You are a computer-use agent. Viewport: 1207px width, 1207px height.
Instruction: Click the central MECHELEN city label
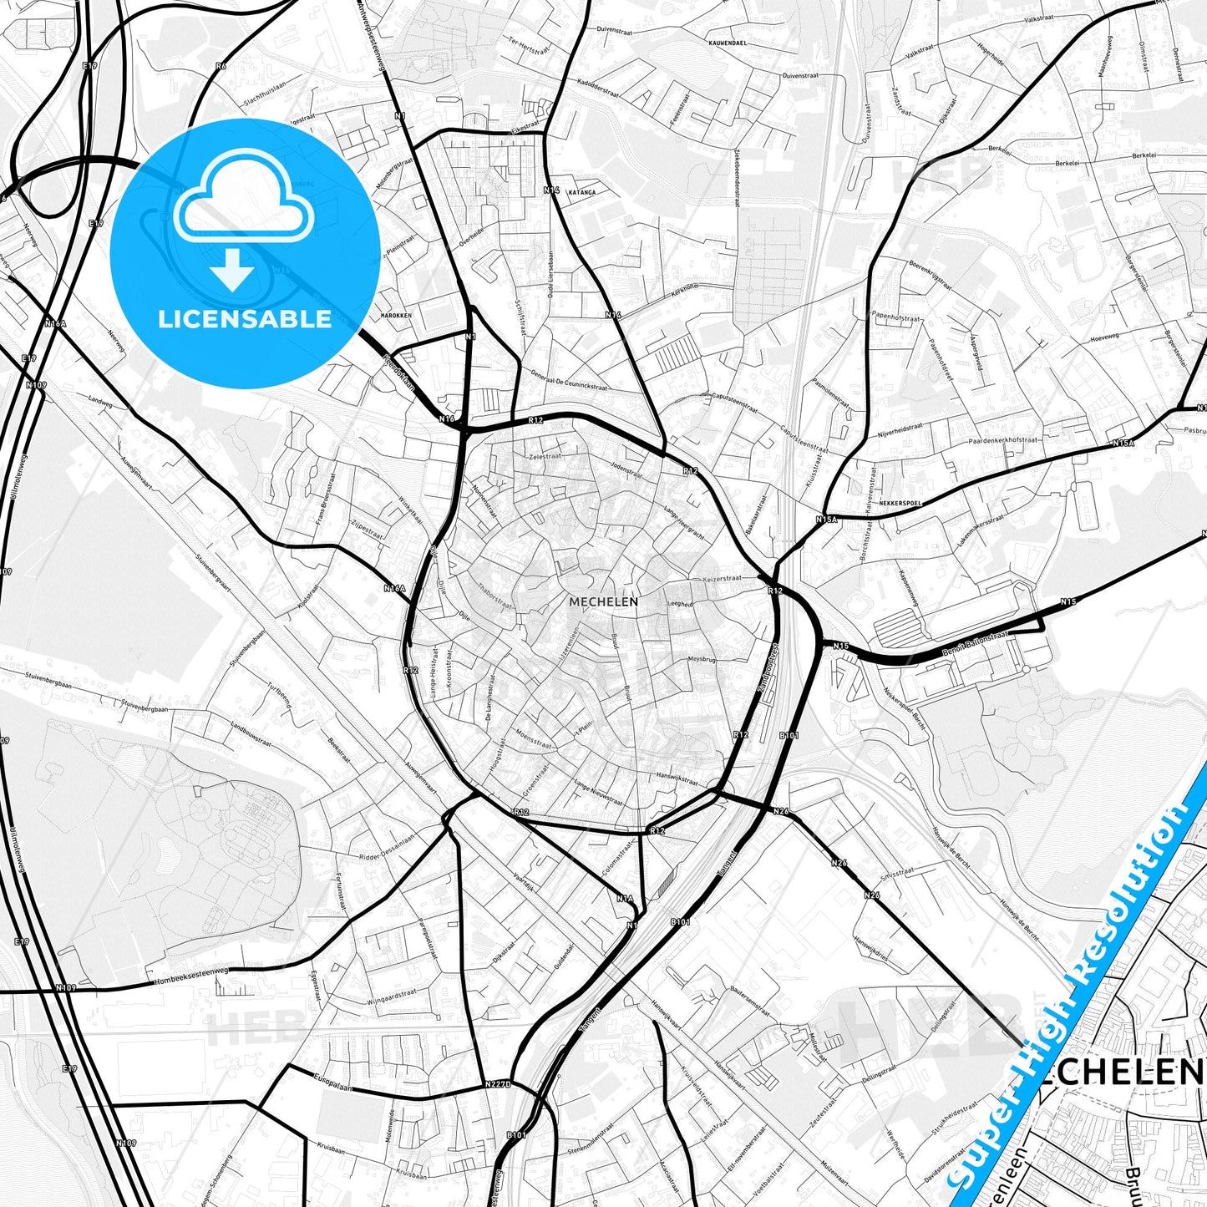click(x=603, y=601)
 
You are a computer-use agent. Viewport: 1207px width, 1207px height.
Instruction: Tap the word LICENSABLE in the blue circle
click(x=245, y=319)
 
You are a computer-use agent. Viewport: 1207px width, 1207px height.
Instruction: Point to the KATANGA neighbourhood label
click(x=581, y=192)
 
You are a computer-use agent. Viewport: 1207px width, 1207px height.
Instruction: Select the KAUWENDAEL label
click(x=727, y=42)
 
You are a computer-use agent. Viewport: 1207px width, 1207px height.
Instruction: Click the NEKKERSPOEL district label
click(x=897, y=504)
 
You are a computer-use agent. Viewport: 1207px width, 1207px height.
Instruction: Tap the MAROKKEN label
click(x=396, y=316)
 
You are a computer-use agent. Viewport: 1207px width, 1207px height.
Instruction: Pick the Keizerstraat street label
click(x=723, y=578)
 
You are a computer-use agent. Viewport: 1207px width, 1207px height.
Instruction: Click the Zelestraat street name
click(x=544, y=457)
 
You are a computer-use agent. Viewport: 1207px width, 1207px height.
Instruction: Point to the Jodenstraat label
click(x=627, y=470)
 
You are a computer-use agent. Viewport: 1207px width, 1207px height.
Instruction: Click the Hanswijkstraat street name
click(x=677, y=778)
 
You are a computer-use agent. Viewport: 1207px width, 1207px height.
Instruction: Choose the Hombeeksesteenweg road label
click(x=191, y=974)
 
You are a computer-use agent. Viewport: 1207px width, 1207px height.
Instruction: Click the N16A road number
click(x=394, y=589)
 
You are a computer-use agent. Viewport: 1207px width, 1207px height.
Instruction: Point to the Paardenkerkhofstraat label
click(x=1003, y=440)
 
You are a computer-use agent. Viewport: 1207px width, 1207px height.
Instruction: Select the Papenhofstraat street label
click(x=895, y=318)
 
